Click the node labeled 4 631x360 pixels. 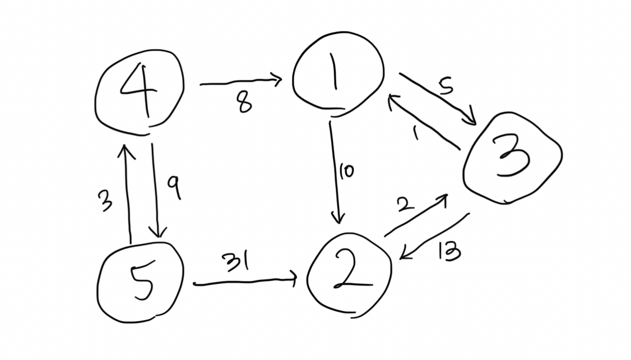click(x=140, y=93)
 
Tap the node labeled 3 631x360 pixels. click(x=512, y=158)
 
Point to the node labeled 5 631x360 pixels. click(x=140, y=283)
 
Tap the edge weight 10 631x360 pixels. click(x=346, y=171)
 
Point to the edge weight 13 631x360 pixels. click(x=449, y=252)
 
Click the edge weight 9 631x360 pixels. click(x=175, y=188)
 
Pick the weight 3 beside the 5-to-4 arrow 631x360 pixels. click(x=105, y=201)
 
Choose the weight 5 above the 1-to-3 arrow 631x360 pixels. click(x=446, y=86)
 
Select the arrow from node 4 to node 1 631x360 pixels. click(x=240, y=82)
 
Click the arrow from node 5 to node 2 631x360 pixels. click(x=245, y=281)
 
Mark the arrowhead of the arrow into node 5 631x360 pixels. click(x=158, y=231)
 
